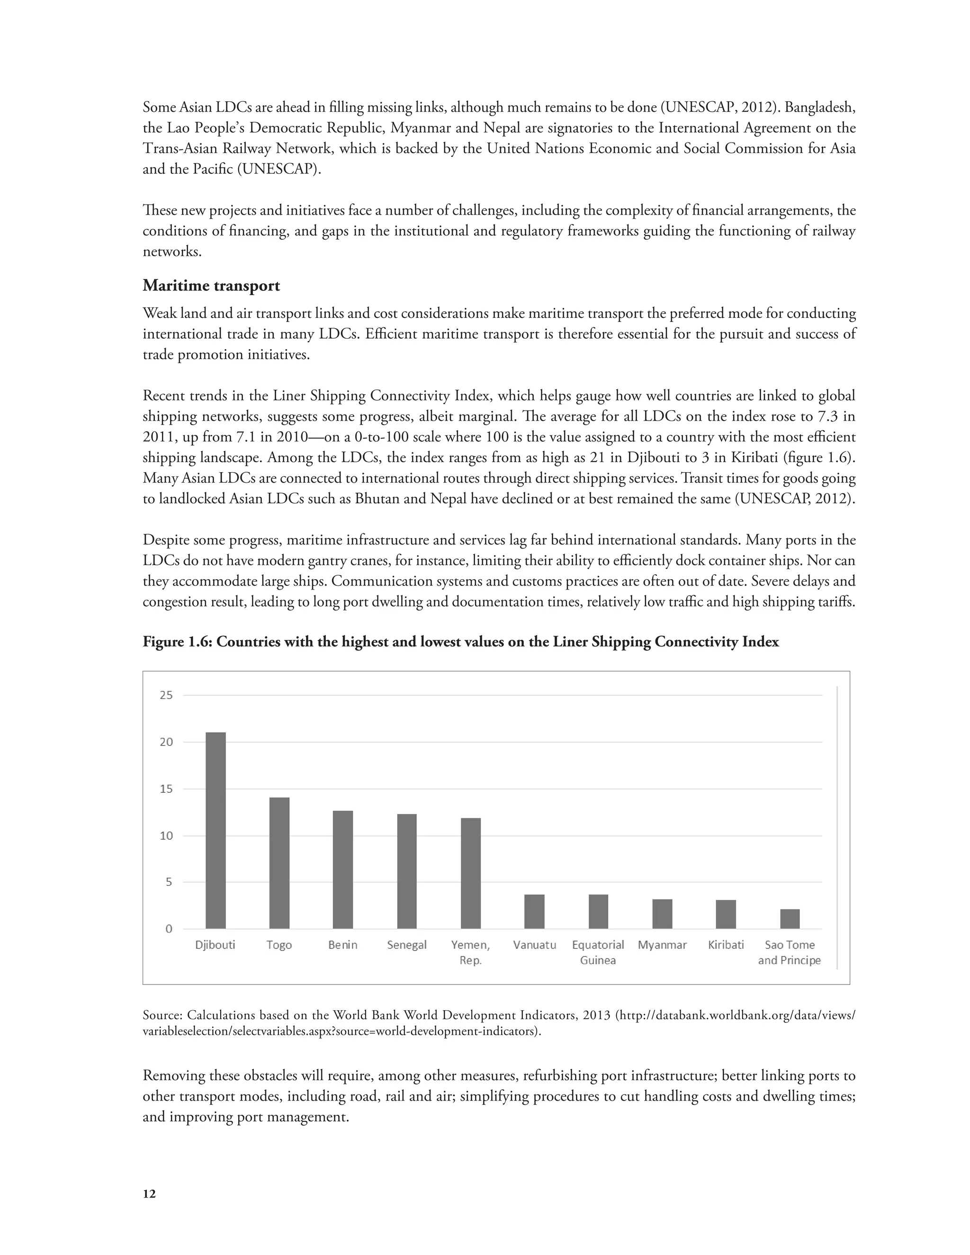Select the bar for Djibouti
click(x=216, y=830)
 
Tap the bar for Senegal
click(x=407, y=870)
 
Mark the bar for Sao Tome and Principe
click(x=790, y=919)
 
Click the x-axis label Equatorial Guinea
click(x=598, y=952)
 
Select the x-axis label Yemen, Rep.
click(x=471, y=952)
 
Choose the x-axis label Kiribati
click(x=726, y=945)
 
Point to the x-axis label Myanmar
click(x=662, y=945)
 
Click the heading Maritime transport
click(x=211, y=286)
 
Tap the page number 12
click(x=149, y=1194)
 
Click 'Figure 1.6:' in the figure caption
click(x=178, y=642)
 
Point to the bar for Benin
click(x=343, y=870)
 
